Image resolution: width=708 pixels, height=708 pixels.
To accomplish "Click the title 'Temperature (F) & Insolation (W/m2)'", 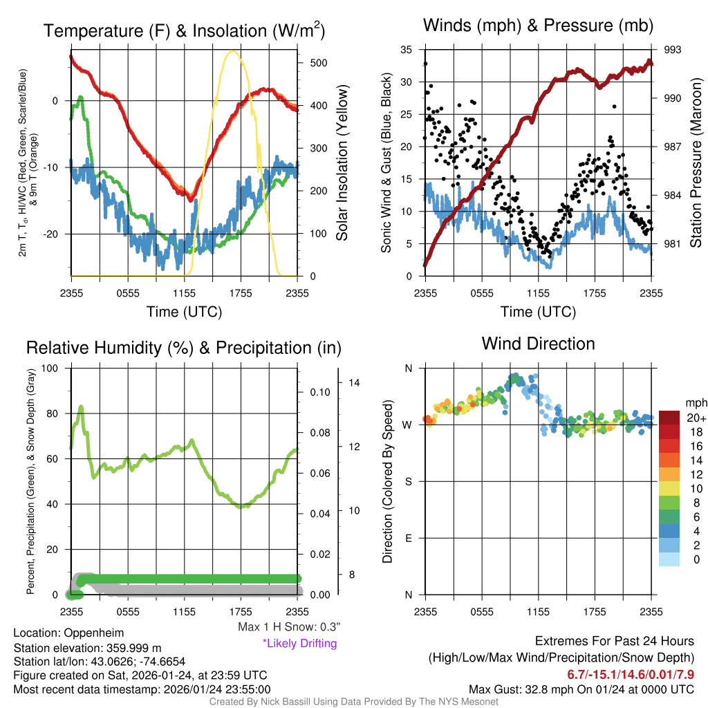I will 184,30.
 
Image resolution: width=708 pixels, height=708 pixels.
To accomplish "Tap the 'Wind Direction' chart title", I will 538,343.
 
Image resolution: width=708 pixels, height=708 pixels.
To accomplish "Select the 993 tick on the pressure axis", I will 673,50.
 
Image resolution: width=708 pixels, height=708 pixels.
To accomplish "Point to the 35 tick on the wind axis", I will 407,50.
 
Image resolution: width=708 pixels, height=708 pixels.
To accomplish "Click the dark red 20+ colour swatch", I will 670,418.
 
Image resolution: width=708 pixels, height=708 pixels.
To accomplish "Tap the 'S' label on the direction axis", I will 408,481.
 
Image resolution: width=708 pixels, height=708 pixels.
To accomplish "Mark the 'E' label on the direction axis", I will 408,538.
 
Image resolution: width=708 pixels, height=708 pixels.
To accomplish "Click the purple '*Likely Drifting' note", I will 299,643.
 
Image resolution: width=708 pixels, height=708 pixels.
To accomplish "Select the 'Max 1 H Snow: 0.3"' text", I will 289,627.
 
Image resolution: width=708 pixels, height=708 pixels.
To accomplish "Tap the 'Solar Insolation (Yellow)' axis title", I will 342,162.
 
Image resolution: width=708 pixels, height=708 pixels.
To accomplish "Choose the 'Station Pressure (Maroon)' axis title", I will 696,162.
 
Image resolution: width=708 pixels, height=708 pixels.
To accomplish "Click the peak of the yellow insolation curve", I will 233,51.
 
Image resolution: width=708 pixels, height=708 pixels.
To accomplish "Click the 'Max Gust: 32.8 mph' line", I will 581,689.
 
